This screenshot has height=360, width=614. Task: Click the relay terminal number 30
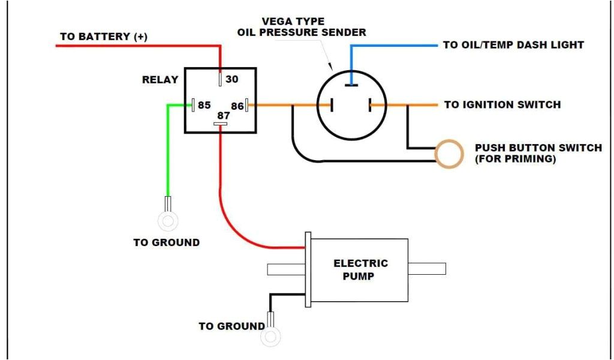231,79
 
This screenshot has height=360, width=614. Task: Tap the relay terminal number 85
204,105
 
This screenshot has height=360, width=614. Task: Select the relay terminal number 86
237,106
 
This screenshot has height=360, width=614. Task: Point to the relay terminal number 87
223,115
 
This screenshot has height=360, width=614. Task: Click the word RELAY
160,80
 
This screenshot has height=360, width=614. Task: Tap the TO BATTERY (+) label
103,37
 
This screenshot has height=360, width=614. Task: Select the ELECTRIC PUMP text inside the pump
360,269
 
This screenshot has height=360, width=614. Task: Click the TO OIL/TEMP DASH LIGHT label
513,45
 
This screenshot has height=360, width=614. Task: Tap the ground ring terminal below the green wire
167,221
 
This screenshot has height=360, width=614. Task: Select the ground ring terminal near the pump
269,337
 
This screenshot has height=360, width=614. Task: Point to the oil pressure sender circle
351,106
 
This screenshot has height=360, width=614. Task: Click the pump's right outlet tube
427,269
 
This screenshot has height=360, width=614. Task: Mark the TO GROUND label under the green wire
166,243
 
